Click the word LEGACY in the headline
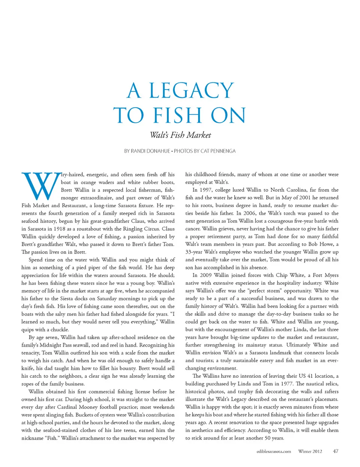pyautogui.click(x=191, y=91)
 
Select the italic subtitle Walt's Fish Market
pyautogui.click(x=180, y=135)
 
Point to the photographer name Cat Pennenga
pyautogui.click(x=218, y=151)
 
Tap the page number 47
pyautogui.click(x=335, y=451)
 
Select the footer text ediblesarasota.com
pyautogui.click(x=274, y=452)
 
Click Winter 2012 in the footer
pyautogui.click(x=310, y=452)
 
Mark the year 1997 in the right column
pyautogui.click(x=206, y=190)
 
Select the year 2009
pyautogui.click(x=206, y=275)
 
